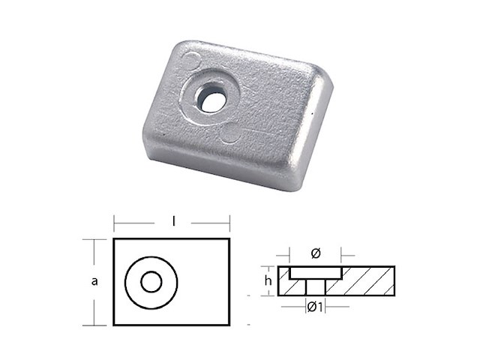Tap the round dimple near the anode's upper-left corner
pyautogui.click(x=193, y=60)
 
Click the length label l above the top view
pyautogui.click(x=172, y=223)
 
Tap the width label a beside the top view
pyautogui.click(x=94, y=281)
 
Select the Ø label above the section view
pyautogui.click(x=315, y=253)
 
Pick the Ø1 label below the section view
pyautogui.click(x=315, y=306)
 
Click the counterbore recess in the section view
pyautogui.click(x=315, y=271)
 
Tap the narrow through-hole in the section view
pyautogui.click(x=315, y=286)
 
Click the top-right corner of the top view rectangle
pyautogui.click(x=229, y=239)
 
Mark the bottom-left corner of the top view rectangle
pyautogui.click(x=114, y=325)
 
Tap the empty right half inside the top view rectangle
pyautogui.click(x=202, y=282)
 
